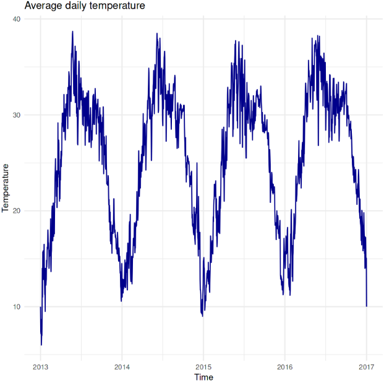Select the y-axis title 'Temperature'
pyautogui.click(x=6, y=187)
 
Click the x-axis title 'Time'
pyautogui.click(x=203, y=377)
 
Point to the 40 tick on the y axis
pyautogui.click(x=16, y=19)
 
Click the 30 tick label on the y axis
pyautogui.click(x=16, y=115)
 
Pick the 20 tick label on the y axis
pyautogui.click(x=16, y=211)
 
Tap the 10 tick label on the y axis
pyautogui.click(x=16, y=307)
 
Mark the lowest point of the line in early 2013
pyautogui.click(x=41, y=345)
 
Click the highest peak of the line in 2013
pyautogui.click(x=72, y=32)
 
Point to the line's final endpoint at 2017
pyautogui.click(x=366, y=306)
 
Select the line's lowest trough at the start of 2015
pyautogui.click(x=202, y=316)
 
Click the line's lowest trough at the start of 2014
pyautogui.click(x=121, y=301)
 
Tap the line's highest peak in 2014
pyautogui.click(x=157, y=35)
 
